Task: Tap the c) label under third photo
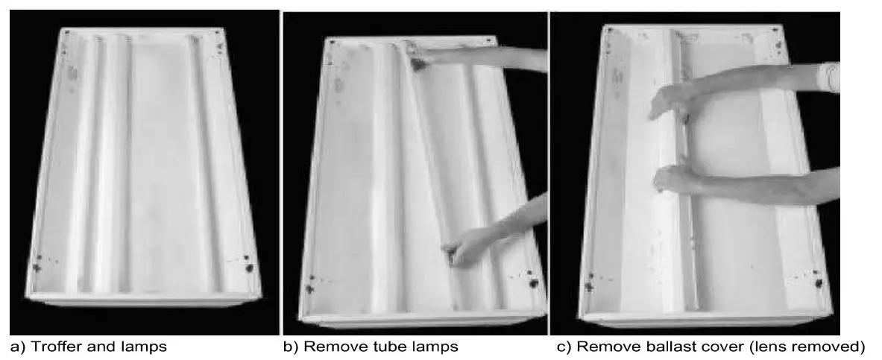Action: point(564,347)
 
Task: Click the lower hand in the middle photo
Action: point(459,249)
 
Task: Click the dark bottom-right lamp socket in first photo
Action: point(249,267)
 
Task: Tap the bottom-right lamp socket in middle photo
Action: point(534,282)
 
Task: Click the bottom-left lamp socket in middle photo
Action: point(309,287)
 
